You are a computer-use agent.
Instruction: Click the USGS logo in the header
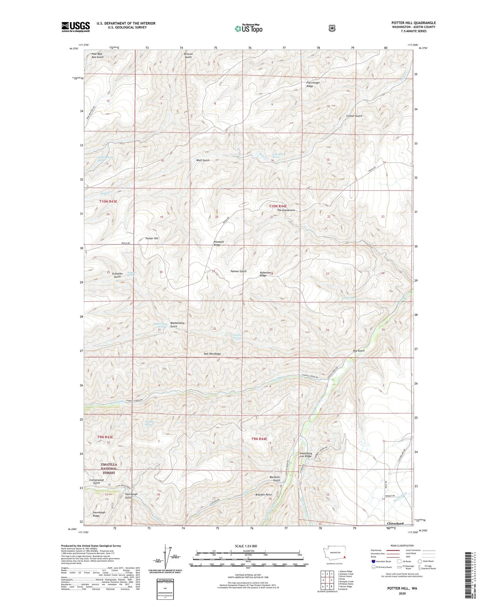(x=76, y=27)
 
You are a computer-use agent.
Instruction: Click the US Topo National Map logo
(x=248, y=28)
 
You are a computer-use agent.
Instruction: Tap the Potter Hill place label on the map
(x=152, y=238)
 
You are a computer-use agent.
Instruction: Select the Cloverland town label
(x=395, y=523)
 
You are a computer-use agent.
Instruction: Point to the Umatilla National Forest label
(x=109, y=468)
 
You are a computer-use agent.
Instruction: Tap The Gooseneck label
(x=286, y=210)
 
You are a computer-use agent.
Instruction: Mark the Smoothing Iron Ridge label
(x=305, y=455)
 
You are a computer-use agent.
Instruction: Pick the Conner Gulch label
(x=354, y=116)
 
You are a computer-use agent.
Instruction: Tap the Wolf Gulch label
(x=203, y=160)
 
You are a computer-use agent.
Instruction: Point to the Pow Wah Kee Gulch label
(x=97, y=56)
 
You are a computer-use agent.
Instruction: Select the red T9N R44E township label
(x=259, y=439)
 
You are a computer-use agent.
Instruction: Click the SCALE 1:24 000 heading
(x=246, y=546)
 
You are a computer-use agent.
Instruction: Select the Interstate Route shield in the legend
(x=373, y=561)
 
